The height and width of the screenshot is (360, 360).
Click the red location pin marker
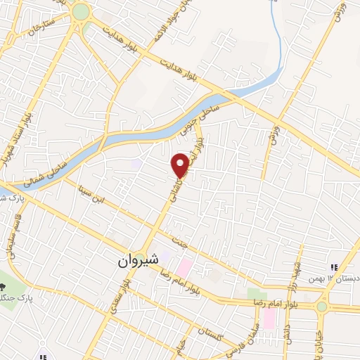tap(181, 165)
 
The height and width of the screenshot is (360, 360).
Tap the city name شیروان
tap(139, 261)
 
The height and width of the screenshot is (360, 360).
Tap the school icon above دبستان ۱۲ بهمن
tap(334, 266)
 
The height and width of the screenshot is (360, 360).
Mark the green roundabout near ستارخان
tap(81, 11)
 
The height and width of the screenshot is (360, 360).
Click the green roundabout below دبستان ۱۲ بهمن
tap(322, 307)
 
